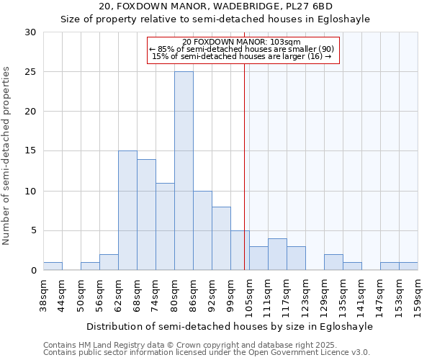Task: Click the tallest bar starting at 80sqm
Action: [184, 171]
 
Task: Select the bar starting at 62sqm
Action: [127, 210]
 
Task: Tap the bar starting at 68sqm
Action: [146, 215]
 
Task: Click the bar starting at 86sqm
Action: [202, 230]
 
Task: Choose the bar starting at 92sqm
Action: [221, 238]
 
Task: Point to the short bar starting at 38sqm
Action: [53, 266]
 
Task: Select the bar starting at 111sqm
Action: [277, 254]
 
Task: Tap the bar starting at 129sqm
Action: [333, 262]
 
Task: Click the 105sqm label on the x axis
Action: [248, 295]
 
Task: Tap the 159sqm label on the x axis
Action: [418, 295]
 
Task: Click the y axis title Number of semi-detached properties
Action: [6, 156]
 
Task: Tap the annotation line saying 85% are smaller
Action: [243, 48]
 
